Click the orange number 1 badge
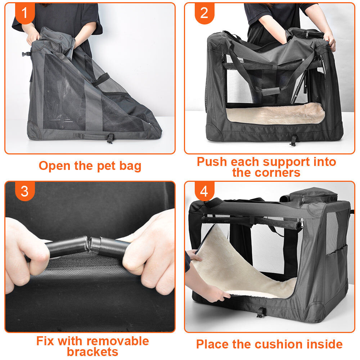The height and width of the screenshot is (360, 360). click(25, 13)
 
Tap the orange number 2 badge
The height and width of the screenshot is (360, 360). click(204, 13)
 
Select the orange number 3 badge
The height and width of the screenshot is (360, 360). click(25, 191)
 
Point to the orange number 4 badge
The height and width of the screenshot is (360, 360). click(204, 191)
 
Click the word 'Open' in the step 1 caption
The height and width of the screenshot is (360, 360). click(54, 166)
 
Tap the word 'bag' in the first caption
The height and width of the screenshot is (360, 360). click(130, 166)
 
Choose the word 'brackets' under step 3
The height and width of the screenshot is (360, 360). click(93, 352)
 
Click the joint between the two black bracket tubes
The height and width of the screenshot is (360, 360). click(89, 244)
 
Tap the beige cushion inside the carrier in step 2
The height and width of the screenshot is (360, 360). click(275, 114)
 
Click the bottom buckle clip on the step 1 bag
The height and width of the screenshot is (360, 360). click(110, 139)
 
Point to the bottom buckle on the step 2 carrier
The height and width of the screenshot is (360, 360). click(293, 140)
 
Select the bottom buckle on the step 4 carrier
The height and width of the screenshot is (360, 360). click(260, 312)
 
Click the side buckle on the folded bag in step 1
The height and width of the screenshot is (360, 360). click(26, 54)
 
